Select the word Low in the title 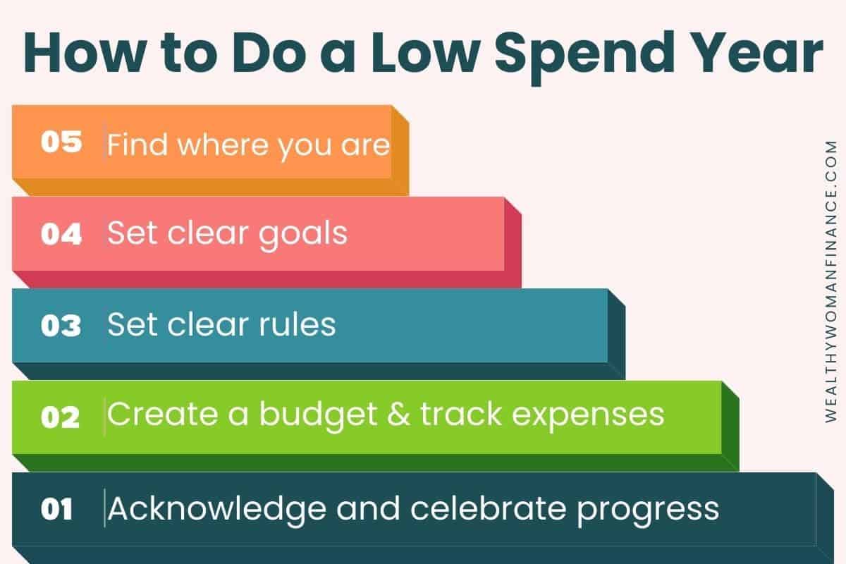point(427,52)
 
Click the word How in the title point(85,52)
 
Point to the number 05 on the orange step point(61,142)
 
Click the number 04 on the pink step point(61,234)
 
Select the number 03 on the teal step point(61,325)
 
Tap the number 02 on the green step point(60,417)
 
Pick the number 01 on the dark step point(56,509)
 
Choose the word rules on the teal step point(298,324)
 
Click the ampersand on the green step point(398,414)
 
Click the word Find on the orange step point(137,144)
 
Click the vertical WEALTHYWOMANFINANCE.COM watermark point(831,281)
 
